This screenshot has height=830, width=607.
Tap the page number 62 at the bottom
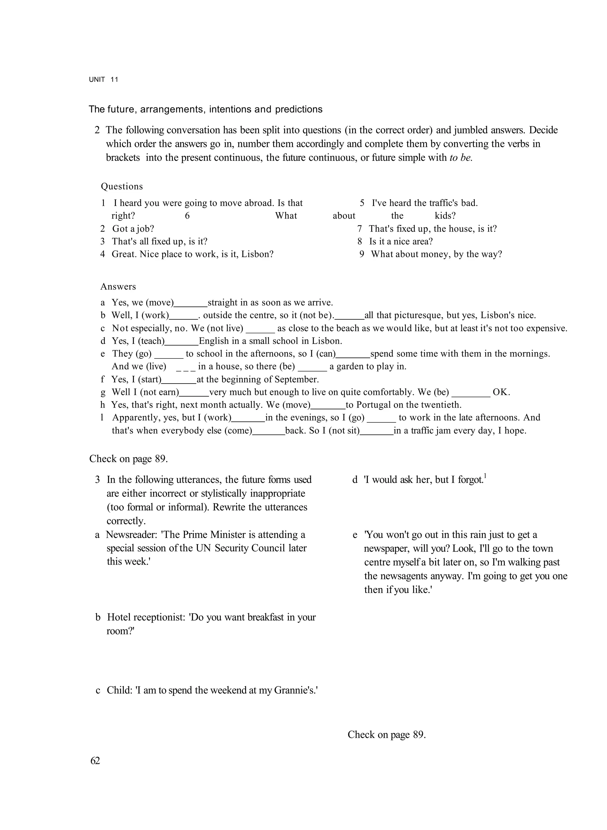[x=95, y=761]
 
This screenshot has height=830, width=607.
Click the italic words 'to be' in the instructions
[x=461, y=158]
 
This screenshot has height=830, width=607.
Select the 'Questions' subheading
[x=122, y=187]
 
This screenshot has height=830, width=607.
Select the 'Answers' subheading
[x=118, y=287]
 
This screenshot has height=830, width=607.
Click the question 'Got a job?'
[x=133, y=229]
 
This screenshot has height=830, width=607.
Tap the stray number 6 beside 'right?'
[x=187, y=216]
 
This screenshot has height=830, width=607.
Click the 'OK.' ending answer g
[x=501, y=392]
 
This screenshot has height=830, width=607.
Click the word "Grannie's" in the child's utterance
[x=297, y=690]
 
